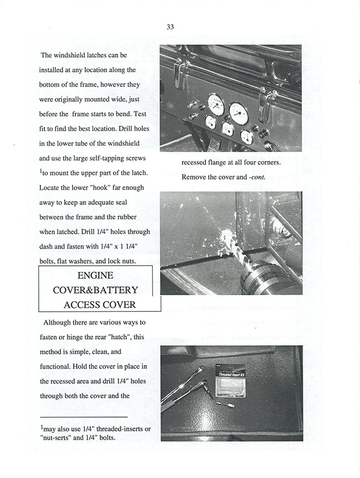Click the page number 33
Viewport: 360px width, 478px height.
point(170,27)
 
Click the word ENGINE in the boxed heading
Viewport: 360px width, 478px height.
point(95,276)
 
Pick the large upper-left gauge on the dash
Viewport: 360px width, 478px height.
point(215,104)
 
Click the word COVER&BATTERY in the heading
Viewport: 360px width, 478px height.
point(95,290)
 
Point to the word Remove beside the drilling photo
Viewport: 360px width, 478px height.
point(195,178)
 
